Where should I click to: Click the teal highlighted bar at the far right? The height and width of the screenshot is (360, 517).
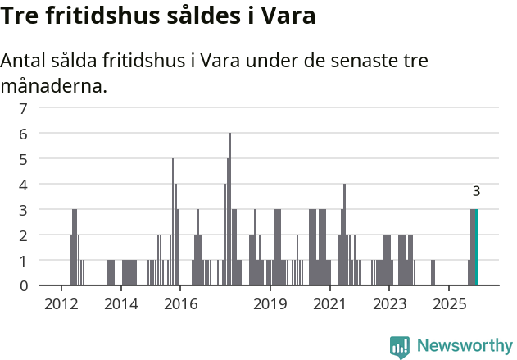tap(475, 248)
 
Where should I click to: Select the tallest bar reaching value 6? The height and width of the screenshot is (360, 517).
tap(230, 209)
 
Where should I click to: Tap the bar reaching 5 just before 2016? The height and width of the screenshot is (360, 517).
tap(173, 221)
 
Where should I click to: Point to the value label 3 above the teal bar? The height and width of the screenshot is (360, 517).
tap(476, 192)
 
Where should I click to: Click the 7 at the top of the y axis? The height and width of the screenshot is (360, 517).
tap(23, 108)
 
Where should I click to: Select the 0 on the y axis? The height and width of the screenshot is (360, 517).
tap(23, 286)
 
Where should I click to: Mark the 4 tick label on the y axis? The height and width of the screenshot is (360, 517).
tap(23, 185)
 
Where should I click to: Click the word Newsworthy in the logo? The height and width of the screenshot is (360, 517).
tap(465, 345)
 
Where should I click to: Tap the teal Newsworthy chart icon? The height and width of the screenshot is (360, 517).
tap(400, 347)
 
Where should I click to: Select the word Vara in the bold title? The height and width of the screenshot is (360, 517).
tap(288, 16)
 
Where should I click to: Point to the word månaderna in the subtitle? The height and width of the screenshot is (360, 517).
tap(54, 85)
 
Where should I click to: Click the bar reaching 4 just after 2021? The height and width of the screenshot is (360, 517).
tap(344, 235)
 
